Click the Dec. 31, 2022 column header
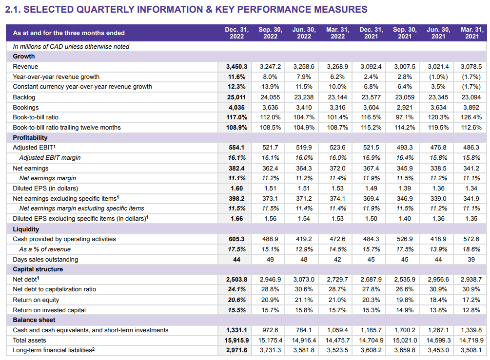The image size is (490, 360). (x=236, y=33)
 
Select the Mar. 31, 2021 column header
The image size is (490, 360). (x=471, y=33)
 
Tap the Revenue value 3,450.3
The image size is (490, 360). (x=236, y=67)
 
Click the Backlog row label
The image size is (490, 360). (x=24, y=97)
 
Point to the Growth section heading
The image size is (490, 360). (x=24, y=57)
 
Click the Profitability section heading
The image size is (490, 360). (x=30, y=138)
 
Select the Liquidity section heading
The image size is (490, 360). (x=26, y=229)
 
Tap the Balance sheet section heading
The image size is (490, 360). (x=34, y=320)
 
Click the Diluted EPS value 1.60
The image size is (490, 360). (x=236, y=188)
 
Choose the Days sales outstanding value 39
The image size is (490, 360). (x=471, y=260)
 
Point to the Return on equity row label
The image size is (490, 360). (x=36, y=300)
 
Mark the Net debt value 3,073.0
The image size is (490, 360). (x=304, y=280)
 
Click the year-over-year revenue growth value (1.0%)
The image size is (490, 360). (x=438, y=76)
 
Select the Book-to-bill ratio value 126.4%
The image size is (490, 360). (x=471, y=117)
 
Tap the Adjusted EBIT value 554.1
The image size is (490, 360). (x=236, y=148)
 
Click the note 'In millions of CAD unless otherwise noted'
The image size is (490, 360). (x=71, y=47)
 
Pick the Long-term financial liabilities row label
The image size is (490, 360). (x=54, y=350)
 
